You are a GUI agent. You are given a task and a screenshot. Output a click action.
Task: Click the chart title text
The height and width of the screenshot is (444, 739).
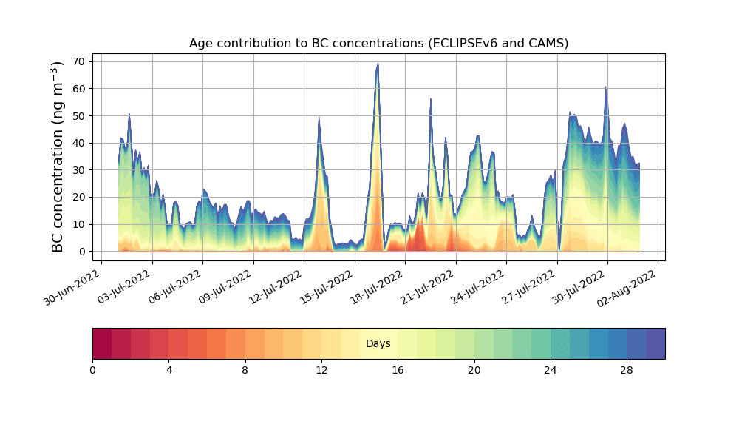click(x=378, y=43)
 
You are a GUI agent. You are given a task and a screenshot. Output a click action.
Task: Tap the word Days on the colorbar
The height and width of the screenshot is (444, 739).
click(x=378, y=344)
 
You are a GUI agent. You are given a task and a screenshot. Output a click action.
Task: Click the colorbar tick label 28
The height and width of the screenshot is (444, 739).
click(x=627, y=370)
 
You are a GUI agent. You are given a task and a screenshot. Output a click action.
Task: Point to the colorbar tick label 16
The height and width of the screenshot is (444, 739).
click(x=398, y=370)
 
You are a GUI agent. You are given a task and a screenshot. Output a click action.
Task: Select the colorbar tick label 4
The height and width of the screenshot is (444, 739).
click(x=168, y=370)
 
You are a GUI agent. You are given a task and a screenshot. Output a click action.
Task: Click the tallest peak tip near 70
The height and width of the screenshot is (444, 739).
click(x=378, y=64)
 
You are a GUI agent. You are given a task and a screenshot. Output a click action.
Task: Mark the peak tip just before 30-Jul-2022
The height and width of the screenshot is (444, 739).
click(x=605, y=87)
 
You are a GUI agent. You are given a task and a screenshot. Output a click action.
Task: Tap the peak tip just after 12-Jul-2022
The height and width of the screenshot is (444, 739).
click(x=319, y=117)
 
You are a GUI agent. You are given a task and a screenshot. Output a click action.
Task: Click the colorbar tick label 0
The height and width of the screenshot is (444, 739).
click(x=92, y=370)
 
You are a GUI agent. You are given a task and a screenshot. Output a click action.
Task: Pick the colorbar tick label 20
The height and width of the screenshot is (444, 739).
click(x=474, y=370)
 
